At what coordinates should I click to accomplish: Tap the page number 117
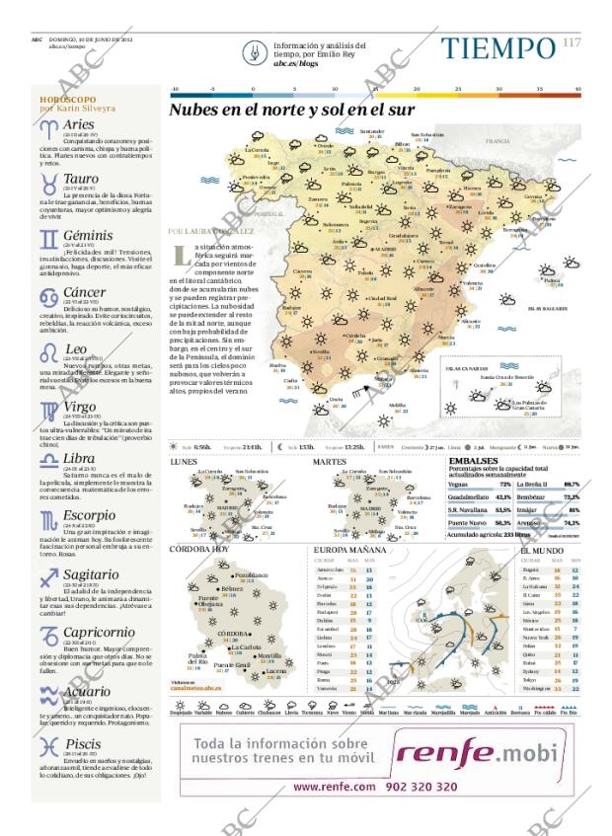coord(572,41)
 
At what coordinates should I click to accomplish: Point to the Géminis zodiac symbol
coord(47,240)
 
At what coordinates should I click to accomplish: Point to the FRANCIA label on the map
coord(496,142)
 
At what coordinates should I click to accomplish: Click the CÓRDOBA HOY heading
coord(199,549)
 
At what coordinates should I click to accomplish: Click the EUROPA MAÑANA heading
coord(346,549)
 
